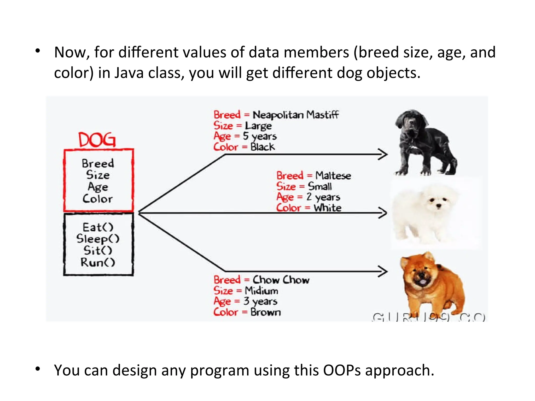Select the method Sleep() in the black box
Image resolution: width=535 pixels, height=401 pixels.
(x=98, y=239)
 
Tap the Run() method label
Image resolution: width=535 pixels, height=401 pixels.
(x=98, y=262)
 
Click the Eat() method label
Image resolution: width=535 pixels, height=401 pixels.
(x=98, y=227)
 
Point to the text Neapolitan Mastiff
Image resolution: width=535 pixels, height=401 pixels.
(x=295, y=115)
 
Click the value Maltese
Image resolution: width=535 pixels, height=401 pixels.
(x=333, y=175)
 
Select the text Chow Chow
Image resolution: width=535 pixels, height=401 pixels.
(x=281, y=280)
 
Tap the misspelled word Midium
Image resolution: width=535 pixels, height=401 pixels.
(x=261, y=291)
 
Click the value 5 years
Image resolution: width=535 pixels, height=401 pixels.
(x=260, y=136)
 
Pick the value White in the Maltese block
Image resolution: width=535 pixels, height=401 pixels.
(x=328, y=208)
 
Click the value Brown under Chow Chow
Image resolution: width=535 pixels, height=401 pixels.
(x=265, y=312)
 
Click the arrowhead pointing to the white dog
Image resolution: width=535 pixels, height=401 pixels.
(x=383, y=213)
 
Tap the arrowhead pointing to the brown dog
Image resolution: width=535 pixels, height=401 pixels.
(x=383, y=271)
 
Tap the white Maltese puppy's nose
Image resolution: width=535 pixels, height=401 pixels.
(x=439, y=206)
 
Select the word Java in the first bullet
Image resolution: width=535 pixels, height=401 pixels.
(x=129, y=73)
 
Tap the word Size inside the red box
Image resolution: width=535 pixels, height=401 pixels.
(x=98, y=175)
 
